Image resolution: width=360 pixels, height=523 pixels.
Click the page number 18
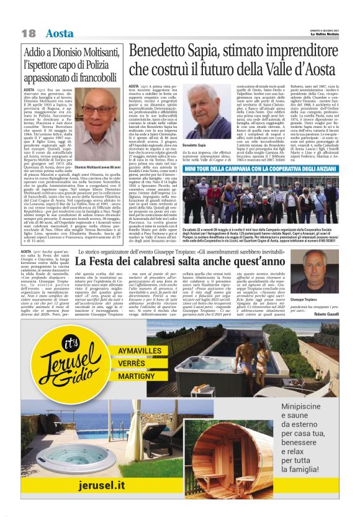(28, 32)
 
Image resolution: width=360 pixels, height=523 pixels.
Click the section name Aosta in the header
(60, 32)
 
